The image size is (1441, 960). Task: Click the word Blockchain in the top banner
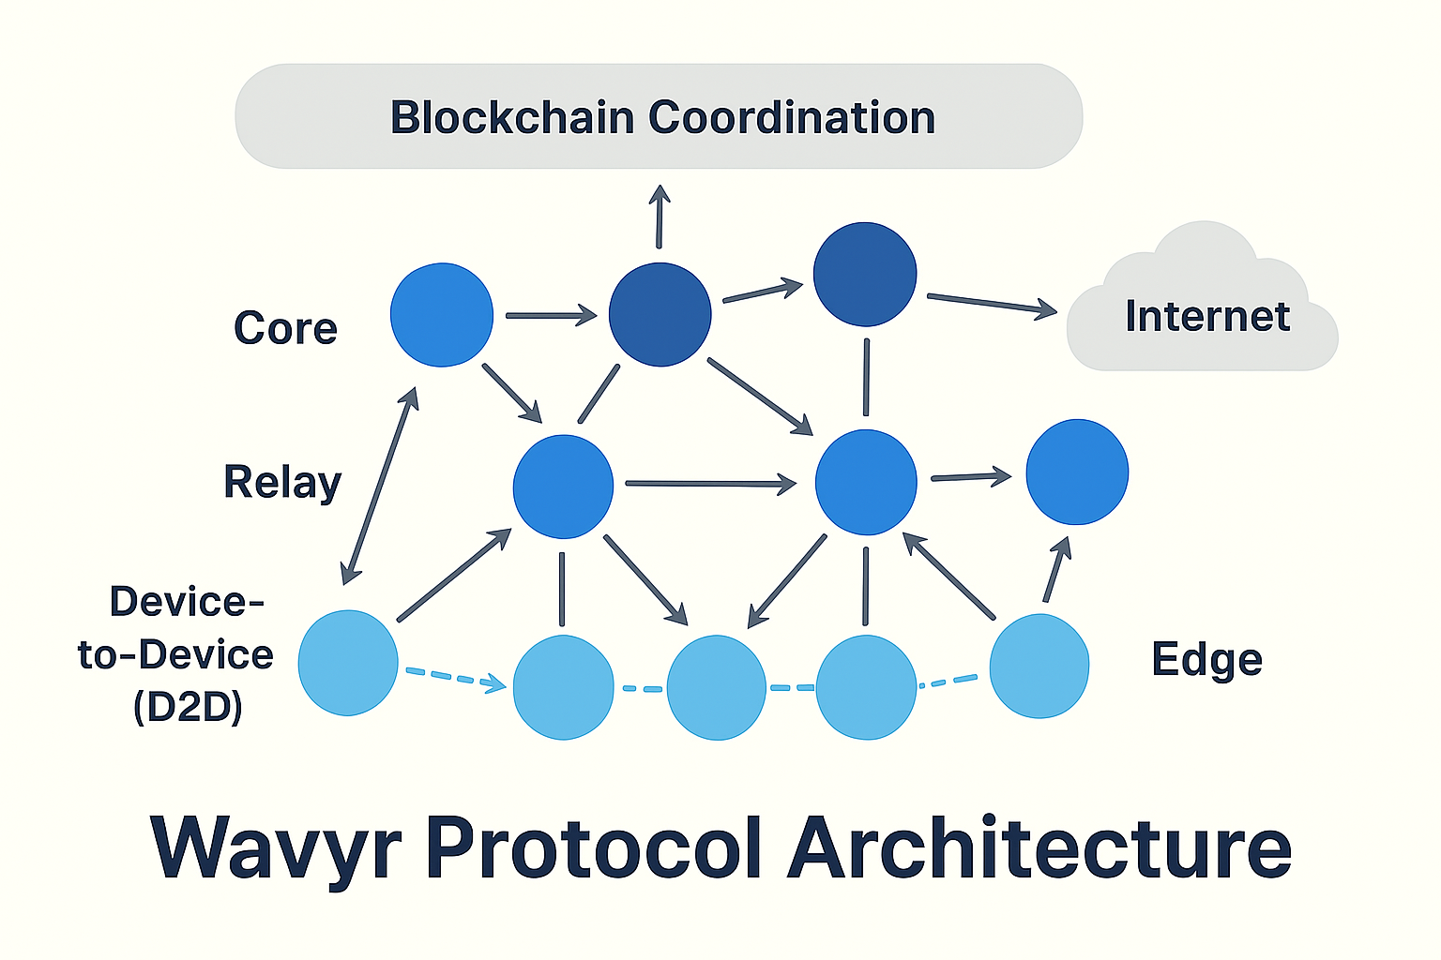pos(512,118)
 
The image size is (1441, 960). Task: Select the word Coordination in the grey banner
pos(792,118)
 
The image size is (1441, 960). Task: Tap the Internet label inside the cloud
pos(1207,317)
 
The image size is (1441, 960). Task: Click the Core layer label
pos(285,329)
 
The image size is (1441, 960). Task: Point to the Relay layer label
pos(282,483)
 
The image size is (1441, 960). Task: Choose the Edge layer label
pos(1206,660)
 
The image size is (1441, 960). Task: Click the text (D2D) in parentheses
pos(188,707)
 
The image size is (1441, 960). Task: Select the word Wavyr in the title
pos(276,848)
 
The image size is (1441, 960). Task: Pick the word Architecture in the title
pos(1039,848)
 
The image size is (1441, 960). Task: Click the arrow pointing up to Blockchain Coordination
pos(660,217)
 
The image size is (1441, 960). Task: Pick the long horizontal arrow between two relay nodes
pos(710,484)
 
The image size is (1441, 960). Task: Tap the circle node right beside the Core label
pos(442,315)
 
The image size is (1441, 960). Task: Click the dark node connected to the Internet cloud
pos(865,274)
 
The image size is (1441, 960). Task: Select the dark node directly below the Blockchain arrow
pos(660,315)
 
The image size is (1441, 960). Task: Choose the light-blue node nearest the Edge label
pos(1039,666)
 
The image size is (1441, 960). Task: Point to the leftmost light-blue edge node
pos(348,663)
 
